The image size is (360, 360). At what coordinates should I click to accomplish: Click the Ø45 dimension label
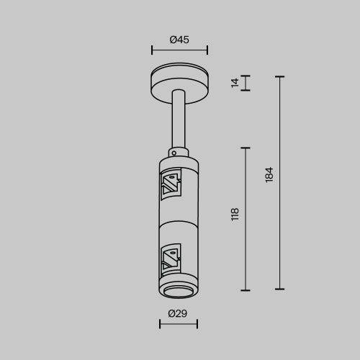pos(179,40)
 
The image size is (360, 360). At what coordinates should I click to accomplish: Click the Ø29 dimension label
pos(178,313)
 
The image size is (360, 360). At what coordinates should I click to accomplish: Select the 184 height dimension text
pos(269,174)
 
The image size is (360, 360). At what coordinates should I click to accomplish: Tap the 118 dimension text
pos(235,214)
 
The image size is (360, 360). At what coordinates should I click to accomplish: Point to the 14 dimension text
pos(235,83)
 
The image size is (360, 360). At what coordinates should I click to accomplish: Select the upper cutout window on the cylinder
pos(171,185)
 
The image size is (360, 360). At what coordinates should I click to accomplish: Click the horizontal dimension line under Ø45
pos(179,50)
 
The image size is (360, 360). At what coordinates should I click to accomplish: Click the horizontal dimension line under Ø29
pos(178,324)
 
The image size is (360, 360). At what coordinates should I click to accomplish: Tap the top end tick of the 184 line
pos(280,76)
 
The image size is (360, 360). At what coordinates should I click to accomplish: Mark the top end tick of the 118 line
pos(246,148)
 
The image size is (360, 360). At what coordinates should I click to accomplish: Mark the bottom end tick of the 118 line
pos(246,290)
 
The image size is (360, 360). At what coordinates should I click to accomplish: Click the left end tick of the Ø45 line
pos(152,50)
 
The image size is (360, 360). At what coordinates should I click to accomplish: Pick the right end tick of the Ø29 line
pos(197,324)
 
